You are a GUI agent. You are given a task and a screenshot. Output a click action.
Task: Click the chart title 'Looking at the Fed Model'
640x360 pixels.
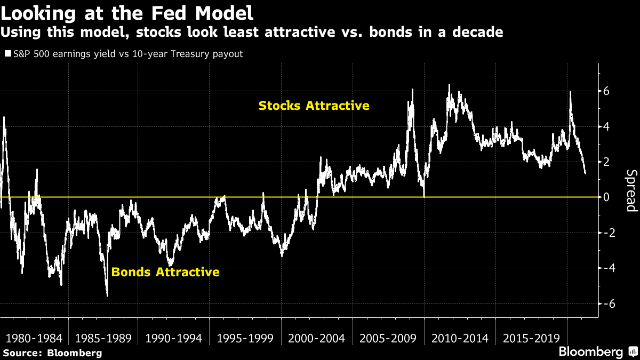coord(126,12)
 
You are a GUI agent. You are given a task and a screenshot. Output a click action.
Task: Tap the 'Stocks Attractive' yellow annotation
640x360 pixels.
coord(314,106)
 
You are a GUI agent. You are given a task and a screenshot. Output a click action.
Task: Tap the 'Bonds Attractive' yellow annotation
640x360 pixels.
coord(165,272)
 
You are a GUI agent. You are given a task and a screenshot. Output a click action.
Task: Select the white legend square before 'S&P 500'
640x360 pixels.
coord(7,54)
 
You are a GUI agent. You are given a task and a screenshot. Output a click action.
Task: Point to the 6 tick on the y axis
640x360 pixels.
coord(606,91)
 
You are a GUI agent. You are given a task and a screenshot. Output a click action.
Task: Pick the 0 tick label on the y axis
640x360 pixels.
coord(606,197)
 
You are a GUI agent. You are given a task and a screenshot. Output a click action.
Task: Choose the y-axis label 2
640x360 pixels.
coord(606,162)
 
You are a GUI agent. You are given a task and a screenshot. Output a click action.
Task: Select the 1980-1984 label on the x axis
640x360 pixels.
coord(34,338)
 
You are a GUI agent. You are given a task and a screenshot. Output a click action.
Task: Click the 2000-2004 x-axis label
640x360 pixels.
coord(316,338)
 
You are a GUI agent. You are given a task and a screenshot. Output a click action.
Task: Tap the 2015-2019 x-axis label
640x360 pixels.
coord(531,338)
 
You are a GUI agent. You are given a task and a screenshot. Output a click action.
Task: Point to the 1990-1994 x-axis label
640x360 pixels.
coord(173,338)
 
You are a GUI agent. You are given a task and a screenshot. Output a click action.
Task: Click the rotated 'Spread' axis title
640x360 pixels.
coord(631,190)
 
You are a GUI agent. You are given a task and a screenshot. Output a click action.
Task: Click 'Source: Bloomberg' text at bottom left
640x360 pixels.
coord(52,353)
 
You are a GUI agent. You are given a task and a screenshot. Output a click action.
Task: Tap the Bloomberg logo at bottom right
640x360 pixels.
coord(592,351)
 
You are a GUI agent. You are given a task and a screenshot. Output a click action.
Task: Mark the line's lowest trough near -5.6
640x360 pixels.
coord(107,295)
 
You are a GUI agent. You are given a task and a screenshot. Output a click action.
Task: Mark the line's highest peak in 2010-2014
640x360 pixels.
coord(449,85)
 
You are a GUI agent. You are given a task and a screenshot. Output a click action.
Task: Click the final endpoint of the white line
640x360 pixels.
coord(585,173)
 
